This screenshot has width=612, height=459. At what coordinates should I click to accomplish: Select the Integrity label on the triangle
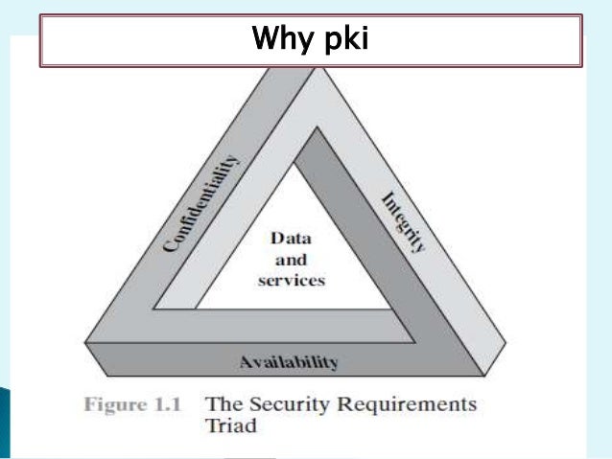point(404,221)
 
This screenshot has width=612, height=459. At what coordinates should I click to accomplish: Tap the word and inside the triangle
point(288,260)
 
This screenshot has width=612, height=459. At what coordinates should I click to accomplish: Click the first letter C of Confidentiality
point(170,246)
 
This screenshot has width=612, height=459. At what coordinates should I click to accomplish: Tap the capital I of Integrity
point(386,196)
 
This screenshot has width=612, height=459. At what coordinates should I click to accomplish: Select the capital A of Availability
point(244,361)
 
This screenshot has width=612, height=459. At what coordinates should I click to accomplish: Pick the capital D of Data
point(276,239)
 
